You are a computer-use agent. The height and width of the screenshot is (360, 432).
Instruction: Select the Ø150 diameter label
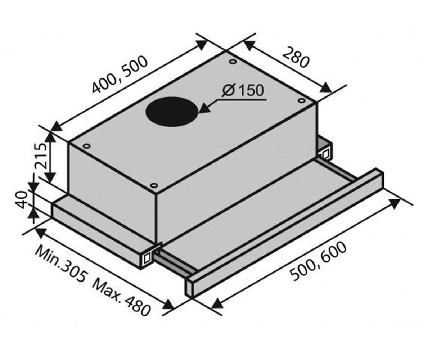click(x=243, y=91)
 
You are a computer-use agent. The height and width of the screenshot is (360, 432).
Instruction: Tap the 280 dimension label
click(x=296, y=57)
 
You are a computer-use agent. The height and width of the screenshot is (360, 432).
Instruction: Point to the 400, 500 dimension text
click(x=120, y=74)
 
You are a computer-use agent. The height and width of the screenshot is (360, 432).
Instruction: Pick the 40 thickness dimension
click(x=22, y=200)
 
